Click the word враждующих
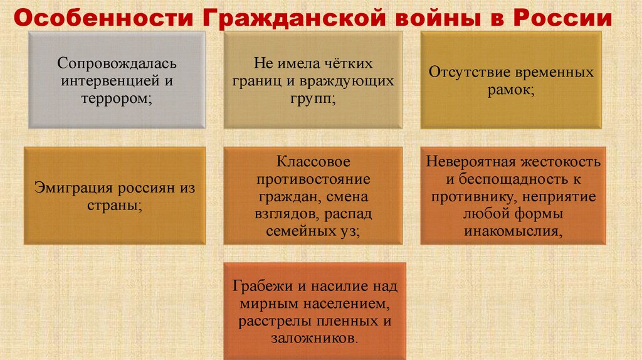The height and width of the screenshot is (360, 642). pos(356,82)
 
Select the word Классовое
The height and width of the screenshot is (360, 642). pos(314,162)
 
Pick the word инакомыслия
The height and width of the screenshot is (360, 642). pos(512,231)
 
